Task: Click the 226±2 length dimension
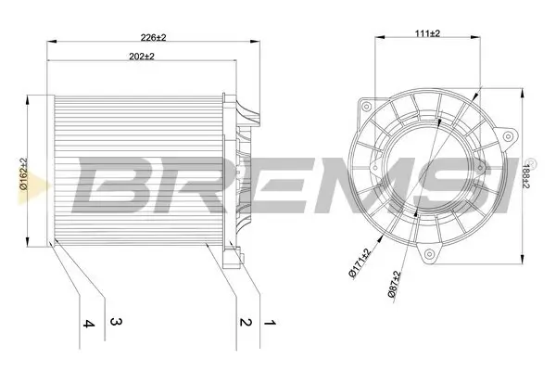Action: coord(152,36)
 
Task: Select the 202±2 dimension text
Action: coord(140,57)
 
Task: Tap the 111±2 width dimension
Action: coord(425,32)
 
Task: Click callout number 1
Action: coord(272,324)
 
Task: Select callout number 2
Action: coord(245,324)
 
